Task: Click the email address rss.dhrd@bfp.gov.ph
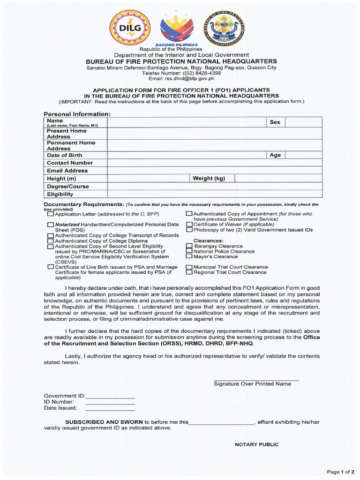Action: point(178,79)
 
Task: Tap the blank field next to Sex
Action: point(304,122)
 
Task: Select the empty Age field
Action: point(304,155)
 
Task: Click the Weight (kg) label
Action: point(209,179)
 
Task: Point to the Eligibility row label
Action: point(60,194)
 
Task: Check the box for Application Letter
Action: point(51,214)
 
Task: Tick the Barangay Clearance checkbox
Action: point(189,246)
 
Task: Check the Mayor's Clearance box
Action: point(189,256)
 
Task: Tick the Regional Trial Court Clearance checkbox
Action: point(189,272)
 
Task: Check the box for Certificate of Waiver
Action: point(189,225)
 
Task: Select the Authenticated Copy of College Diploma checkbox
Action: point(51,241)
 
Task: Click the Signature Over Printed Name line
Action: point(256,380)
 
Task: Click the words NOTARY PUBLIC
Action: point(256,444)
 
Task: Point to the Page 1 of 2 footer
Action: point(341,471)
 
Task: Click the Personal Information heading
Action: point(77,114)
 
